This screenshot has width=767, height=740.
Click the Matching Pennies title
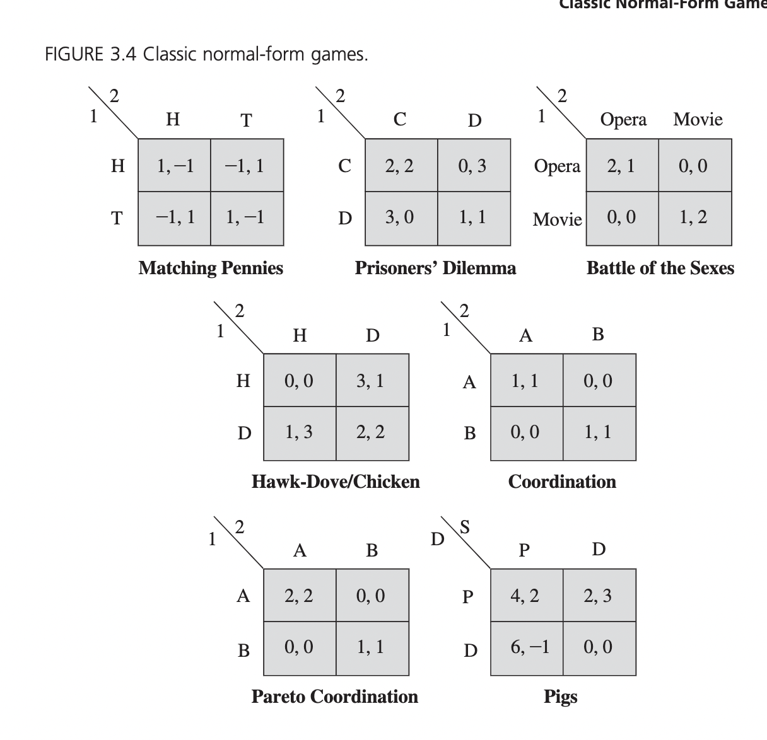point(211,269)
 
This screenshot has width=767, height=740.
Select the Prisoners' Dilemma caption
point(435,269)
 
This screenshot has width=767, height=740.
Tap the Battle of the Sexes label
point(660,269)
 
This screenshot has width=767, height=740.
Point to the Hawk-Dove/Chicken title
point(336,482)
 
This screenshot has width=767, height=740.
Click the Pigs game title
point(561,697)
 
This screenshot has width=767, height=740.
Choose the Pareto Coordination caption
point(335,697)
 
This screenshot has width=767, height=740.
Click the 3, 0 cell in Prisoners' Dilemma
point(401,218)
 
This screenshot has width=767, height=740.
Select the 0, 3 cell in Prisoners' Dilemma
point(473,166)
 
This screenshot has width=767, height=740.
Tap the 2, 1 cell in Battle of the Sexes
point(622,166)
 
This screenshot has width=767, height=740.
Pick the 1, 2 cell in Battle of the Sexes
point(694,218)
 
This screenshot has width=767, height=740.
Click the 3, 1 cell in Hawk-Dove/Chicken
point(372,381)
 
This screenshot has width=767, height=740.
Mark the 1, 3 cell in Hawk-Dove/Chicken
point(300,433)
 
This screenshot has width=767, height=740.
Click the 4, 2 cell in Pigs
point(526,596)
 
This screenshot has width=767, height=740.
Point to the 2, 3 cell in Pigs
point(599,596)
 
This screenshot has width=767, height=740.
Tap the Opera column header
point(623,120)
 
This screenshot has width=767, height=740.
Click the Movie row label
point(557,219)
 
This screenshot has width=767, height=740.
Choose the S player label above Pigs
point(465,527)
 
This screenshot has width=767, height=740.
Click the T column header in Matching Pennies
point(246,120)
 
